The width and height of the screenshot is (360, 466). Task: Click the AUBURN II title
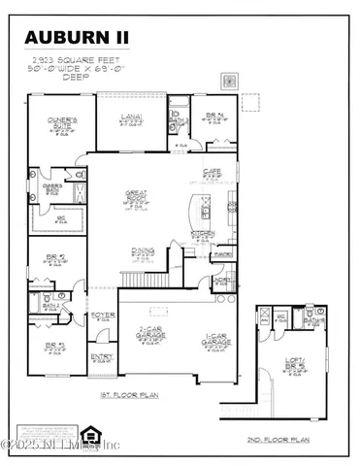click(77, 38)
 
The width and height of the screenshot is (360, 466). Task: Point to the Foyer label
click(102, 316)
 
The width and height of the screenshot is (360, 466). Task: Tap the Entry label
click(101, 357)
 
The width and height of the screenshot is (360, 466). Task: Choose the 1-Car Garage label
click(214, 341)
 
